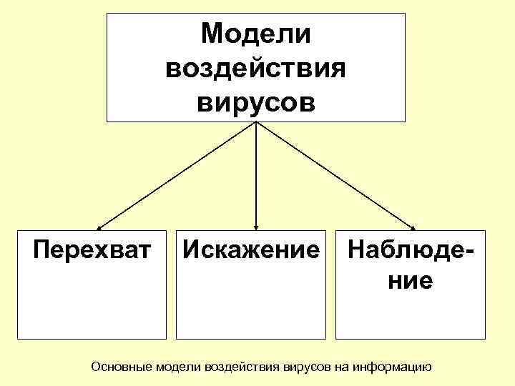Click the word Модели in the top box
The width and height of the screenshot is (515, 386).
click(x=256, y=33)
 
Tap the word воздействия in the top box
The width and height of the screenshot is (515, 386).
click(x=256, y=69)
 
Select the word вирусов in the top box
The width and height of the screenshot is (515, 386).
click(x=256, y=103)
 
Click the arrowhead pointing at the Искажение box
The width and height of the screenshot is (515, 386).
click(x=256, y=226)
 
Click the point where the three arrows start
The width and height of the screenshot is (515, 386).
click(x=256, y=123)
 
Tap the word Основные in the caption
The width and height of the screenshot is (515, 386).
click(x=122, y=367)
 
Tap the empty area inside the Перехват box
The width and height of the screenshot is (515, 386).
click(x=92, y=304)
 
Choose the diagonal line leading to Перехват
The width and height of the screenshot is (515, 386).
click(x=175, y=174)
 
